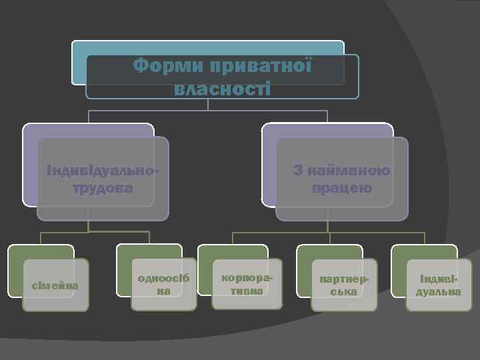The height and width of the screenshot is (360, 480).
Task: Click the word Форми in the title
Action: coord(166,67)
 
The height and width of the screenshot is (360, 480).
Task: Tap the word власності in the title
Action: coord(222,88)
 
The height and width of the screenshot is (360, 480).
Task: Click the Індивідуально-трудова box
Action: coord(103,179)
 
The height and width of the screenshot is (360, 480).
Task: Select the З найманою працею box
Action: coord(341,179)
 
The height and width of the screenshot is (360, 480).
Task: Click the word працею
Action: coord(341,188)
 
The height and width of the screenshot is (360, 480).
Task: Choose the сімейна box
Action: coord(56,285)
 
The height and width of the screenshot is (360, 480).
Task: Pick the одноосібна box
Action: coord(163,285)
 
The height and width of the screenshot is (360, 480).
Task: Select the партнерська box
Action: coord(345,285)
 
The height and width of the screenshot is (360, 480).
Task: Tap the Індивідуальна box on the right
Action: coord(439,285)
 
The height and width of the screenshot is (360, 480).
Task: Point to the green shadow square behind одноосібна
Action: coord(125,252)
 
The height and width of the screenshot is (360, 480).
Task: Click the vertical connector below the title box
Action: coord(209,105)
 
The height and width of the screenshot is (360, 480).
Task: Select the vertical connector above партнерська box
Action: coord(329,239)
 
